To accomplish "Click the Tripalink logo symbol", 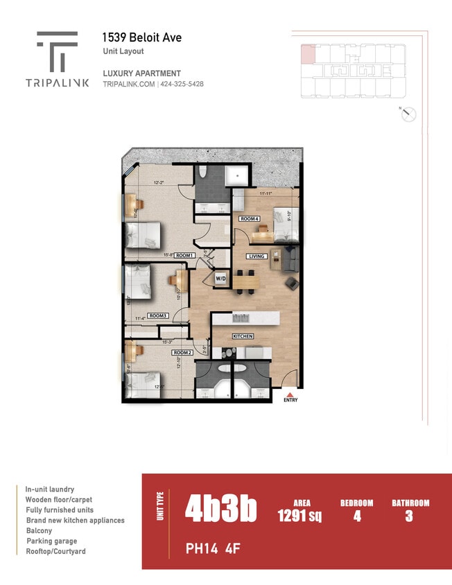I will click(x=57, y=51).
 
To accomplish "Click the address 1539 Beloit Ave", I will click(x=142, y=37).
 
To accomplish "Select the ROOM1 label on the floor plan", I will click(x=184, y=256).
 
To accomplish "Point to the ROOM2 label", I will click(x=182, y=352).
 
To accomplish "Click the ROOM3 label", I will click(x=157, y=316).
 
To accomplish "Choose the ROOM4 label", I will click(x=250, y=219).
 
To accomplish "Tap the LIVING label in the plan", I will click(x=257, y=256).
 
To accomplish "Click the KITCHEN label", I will click(x=243, y=336).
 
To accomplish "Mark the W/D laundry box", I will click(x=220, y=279).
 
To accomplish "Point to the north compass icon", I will click(x=408, y=114).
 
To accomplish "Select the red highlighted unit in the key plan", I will click(x=307, y=53).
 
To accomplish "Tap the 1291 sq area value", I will click(x=299, y=516).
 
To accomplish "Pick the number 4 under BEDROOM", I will click(x=357, y=516).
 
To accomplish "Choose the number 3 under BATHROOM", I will click(x=409, y=516).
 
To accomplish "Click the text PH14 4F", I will click(x=212, y=549).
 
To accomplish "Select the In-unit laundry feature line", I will click(x=50, y=489).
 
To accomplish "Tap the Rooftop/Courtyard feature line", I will click(x=56, y=552).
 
